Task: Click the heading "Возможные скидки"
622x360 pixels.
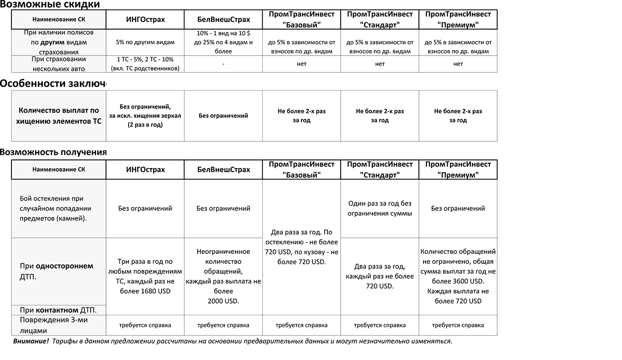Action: tap(50, 5)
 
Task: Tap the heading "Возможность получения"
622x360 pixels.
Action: tap(53, 152)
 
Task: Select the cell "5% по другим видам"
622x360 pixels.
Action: tap(145, 42)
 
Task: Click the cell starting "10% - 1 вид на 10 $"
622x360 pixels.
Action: tap(223, 42)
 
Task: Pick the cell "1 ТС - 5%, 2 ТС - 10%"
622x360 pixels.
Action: tap(145, 64)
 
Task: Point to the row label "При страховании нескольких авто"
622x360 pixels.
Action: tap(58, 64)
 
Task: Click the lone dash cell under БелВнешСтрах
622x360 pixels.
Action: tap(223, 64)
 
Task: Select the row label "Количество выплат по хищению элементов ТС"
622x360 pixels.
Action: tap(58, 116)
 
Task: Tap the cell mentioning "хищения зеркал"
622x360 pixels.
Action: tap(145, 116)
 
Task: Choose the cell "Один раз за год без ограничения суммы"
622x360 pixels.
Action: tap(380, 208)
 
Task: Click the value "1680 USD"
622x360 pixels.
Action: tap(156, 291)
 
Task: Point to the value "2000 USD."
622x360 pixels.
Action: tap(223, 301)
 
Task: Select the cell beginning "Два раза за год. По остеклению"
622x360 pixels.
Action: tap(301, 247)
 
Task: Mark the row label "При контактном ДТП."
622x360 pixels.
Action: tap(58, 310)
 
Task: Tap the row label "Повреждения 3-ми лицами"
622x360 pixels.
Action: tap(54, 325)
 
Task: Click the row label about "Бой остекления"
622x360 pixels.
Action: tap(56, 208)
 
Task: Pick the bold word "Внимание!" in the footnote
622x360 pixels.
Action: tap(31, 341)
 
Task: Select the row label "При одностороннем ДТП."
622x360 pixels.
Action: tap(56, 271)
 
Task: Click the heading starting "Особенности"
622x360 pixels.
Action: tap(53, 83)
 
